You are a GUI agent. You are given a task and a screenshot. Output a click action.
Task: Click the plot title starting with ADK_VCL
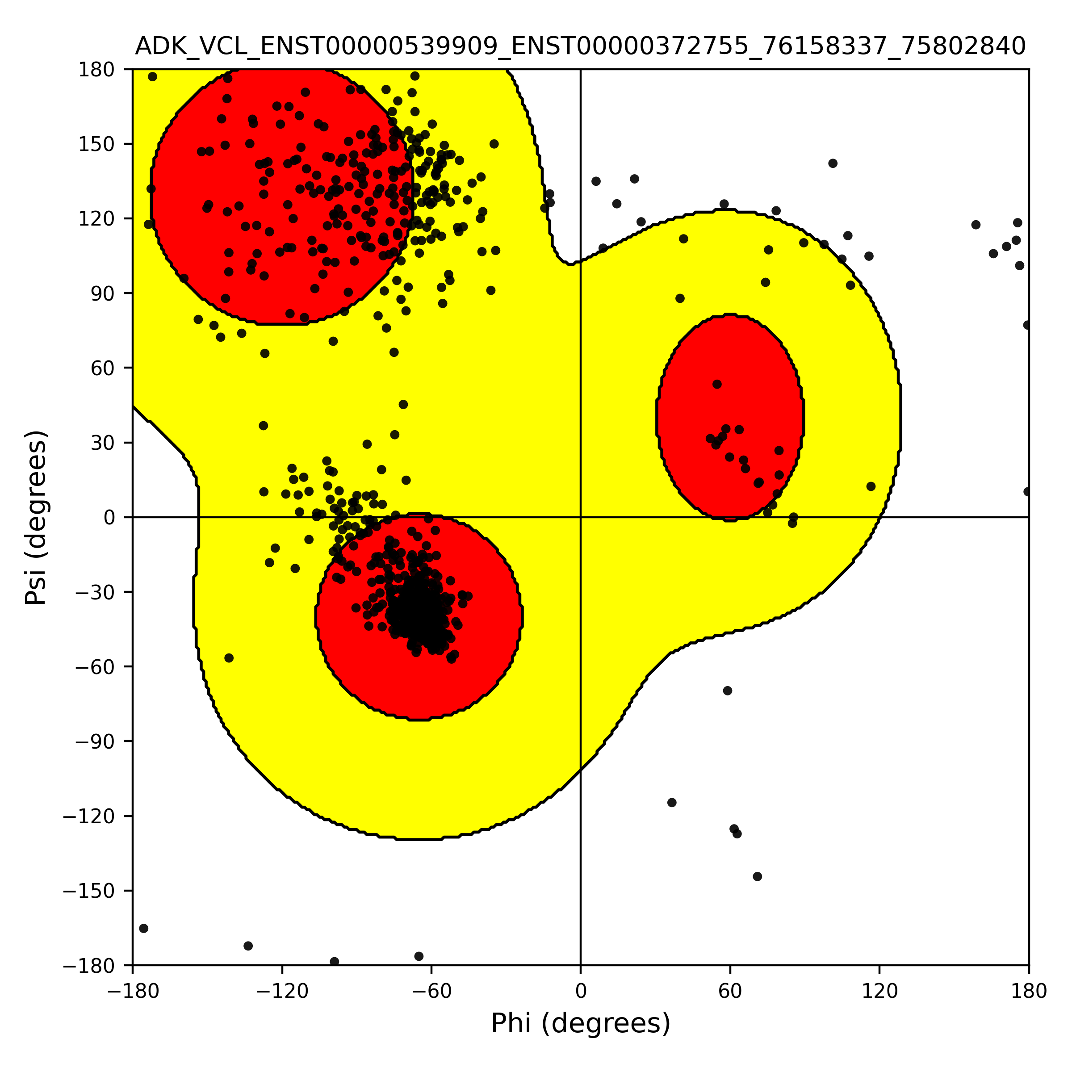[580, 46]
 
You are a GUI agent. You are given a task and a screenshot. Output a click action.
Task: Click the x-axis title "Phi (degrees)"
[580, 1023]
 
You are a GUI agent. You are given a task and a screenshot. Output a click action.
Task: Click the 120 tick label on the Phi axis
[879, 992]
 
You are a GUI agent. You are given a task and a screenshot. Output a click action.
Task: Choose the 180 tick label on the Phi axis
[1029, 992]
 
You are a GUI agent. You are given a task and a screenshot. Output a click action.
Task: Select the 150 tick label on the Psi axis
[97, 144]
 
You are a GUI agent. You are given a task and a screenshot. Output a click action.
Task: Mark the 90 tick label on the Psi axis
[103, 293]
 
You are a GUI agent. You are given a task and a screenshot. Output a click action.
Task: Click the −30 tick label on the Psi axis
[95, 592]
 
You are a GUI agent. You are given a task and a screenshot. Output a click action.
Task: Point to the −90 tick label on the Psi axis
[95, 741]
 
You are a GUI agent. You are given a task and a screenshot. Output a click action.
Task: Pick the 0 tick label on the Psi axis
[109, 518]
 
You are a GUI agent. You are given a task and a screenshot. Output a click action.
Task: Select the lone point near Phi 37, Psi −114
[672, 802]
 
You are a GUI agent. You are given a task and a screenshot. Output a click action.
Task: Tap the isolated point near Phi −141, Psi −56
[229, 658]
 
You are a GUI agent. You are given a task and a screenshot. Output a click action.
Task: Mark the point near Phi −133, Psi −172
[248, 946]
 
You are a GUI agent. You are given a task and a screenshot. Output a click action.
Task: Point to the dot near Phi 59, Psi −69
[728, 690]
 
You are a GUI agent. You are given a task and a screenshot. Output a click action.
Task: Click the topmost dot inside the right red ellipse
[717, 384]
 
